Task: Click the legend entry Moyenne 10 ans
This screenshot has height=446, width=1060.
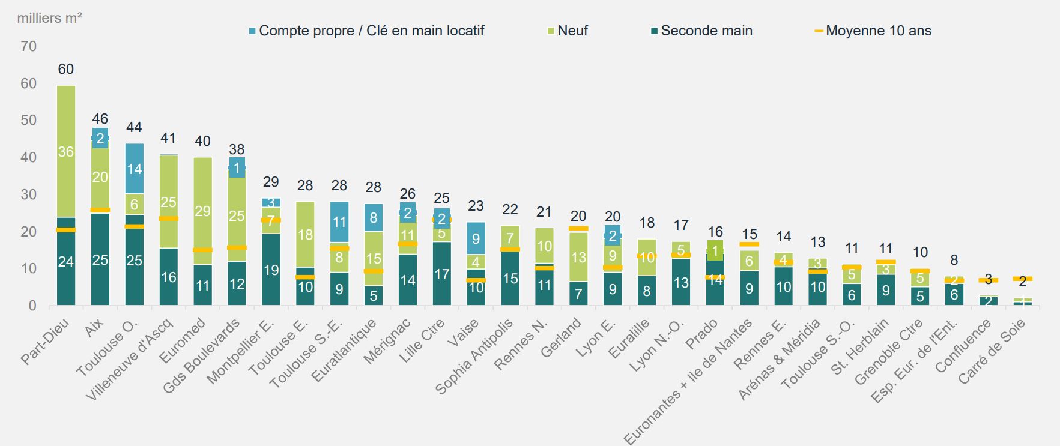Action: point(878,31)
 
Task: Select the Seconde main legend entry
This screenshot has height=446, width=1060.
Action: point(706,31)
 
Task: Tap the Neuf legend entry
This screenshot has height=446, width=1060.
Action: point(572,31)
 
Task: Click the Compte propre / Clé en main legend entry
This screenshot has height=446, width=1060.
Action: point(371,31)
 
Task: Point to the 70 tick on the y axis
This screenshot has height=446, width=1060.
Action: point(28,46)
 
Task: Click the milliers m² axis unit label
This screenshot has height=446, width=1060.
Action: point(49,18)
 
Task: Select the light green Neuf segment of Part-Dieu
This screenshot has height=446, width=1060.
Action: point(66,151)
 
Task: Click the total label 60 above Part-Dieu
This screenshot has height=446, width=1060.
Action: point(66,69)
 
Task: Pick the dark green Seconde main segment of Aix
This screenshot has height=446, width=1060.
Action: point(100,259)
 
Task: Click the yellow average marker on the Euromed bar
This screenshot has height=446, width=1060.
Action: point(203,250)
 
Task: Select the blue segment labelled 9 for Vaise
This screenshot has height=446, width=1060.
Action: point(476,238)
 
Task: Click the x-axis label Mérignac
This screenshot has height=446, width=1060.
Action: point(388,341)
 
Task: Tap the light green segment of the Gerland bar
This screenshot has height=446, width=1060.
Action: point(579,257)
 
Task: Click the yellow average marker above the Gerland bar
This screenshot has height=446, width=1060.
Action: point(579,228)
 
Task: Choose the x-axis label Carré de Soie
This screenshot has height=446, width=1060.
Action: point(992,351)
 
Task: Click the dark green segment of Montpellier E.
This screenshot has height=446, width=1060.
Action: point(271,270)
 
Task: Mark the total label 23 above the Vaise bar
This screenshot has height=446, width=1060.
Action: point(476,206)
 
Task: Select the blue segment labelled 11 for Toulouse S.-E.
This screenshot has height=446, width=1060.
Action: point(340,222)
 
